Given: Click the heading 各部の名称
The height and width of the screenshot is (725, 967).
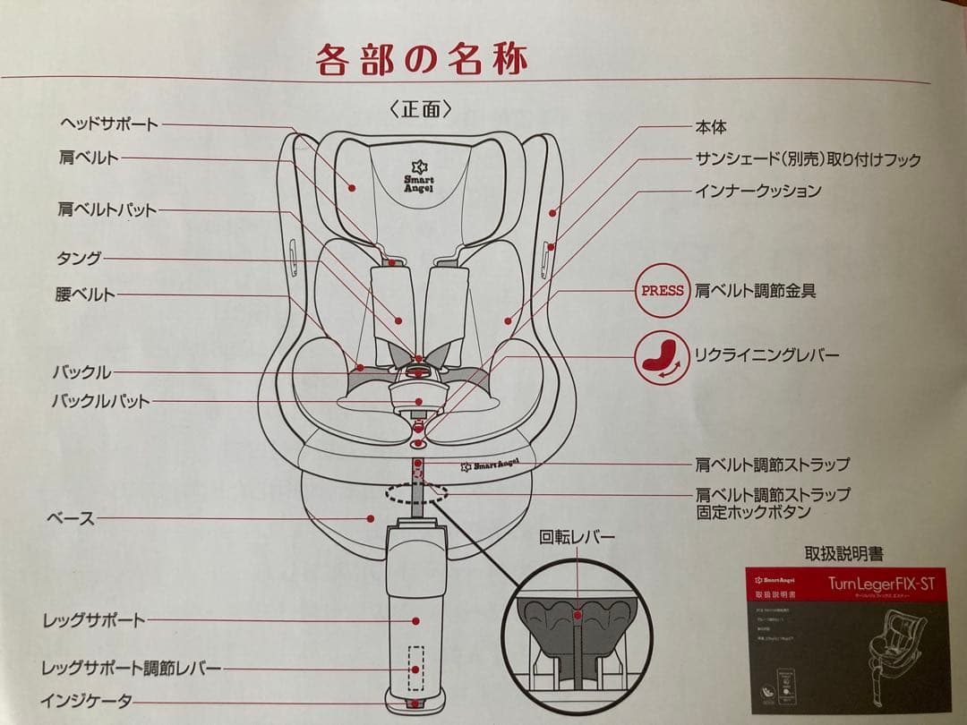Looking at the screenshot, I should point(422,59).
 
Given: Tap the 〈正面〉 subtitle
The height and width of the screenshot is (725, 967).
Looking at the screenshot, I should point(421,108).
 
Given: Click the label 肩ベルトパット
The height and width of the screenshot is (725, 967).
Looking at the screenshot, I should point(107,210).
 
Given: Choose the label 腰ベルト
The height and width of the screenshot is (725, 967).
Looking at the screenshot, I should point(85,294).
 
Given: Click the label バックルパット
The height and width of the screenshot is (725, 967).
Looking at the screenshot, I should point(100,401).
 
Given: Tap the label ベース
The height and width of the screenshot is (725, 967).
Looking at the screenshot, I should point(71,518).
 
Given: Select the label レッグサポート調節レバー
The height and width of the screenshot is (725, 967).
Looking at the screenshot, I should point(132,669).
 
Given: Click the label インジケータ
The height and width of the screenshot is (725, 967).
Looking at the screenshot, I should point(86,701).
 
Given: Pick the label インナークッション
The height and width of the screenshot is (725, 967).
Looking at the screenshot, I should point(757,191).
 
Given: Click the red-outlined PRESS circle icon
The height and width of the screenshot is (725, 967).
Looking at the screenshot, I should point(663,290).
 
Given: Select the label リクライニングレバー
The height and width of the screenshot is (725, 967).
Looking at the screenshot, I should point(767,355).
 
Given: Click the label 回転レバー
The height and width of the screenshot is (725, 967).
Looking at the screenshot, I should point(578,538).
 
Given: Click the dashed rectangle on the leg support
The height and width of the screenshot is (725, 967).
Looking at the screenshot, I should point(415,668).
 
